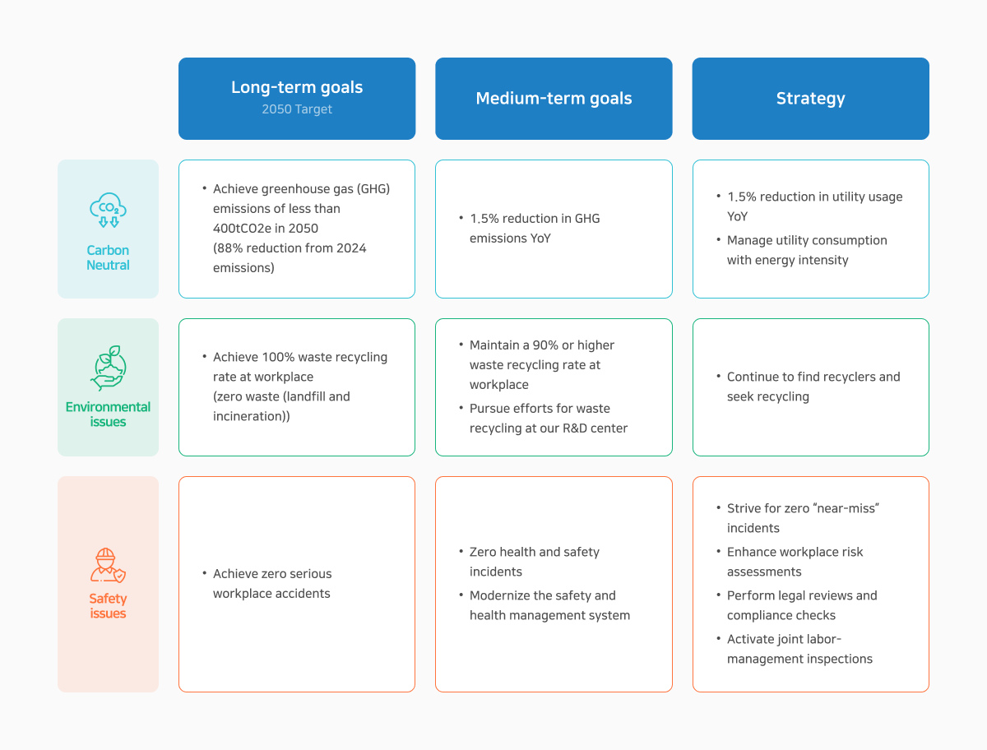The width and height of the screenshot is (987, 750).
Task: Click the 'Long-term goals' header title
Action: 297,87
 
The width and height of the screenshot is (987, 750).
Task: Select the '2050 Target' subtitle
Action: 297,109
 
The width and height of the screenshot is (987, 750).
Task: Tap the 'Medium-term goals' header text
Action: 554,99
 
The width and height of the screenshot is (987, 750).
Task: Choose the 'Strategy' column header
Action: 810,99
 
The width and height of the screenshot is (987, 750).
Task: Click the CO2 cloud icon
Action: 108,210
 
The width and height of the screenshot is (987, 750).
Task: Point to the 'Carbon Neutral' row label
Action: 108,257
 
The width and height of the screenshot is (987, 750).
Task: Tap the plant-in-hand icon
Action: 108,368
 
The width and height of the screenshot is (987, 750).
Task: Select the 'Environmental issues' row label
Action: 108,414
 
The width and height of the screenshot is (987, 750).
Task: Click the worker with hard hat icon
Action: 108,565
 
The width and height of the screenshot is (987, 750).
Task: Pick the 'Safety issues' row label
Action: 108,606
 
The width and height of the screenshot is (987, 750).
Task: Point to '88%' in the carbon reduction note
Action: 229,248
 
